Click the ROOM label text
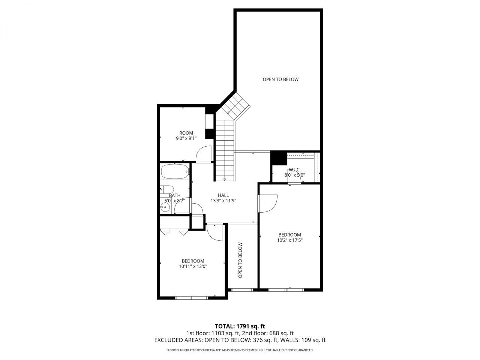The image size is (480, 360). tap(186, 133)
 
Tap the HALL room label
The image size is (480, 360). tap(223, 195)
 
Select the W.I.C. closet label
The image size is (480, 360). tap(294, 169)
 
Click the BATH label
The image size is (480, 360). tap(174, 195)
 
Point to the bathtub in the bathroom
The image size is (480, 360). tap(175, 172)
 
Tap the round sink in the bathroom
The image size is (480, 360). tap(165, 207)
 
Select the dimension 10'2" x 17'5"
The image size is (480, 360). tap(289, 240)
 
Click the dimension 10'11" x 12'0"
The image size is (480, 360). tap(193, 266)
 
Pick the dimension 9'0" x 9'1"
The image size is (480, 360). tap(186, 138)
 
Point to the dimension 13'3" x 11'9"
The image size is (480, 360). tap(223, 200)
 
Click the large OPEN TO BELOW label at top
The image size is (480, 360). tap(280, 79)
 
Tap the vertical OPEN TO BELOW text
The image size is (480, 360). tap(240, 260)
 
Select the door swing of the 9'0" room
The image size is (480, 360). tap(204, 154)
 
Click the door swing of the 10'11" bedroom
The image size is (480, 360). tap(214, 232)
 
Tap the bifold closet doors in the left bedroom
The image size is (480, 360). tap(174, 232)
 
